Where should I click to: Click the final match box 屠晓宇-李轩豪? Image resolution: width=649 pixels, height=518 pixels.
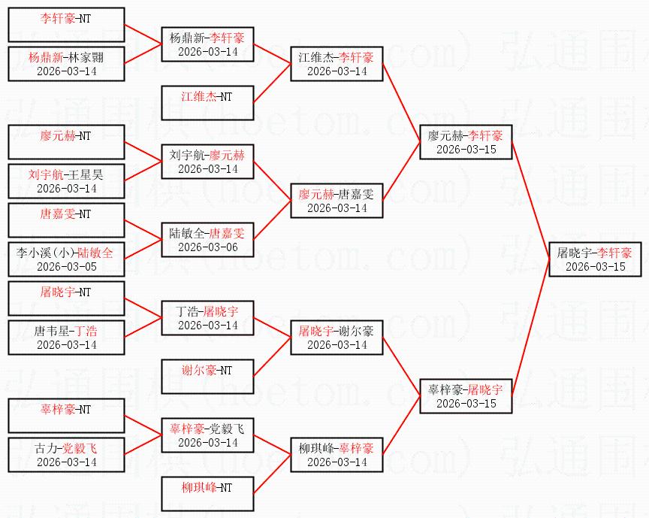[595, 259]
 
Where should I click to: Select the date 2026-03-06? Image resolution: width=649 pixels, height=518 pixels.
[207, 247]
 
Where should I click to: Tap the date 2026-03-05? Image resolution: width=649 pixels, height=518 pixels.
[66, 266]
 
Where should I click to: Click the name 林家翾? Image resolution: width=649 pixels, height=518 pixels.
[84, 57]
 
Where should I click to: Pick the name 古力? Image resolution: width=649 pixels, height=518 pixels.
[46, 448]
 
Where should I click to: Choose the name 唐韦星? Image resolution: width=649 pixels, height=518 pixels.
[51, 331]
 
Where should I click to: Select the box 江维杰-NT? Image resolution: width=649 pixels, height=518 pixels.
[207, 104]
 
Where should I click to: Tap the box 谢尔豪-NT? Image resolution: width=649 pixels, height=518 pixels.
[207, 377]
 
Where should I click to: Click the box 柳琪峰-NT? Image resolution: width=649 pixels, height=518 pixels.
[207, 495]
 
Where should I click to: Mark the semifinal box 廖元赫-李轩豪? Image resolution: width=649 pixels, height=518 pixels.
[466, 142]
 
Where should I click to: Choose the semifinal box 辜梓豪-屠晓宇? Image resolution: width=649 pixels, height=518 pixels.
[466, 396]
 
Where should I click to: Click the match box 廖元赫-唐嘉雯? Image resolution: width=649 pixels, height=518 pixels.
[337, 201]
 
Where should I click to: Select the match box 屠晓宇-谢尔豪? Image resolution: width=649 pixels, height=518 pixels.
[337, 338]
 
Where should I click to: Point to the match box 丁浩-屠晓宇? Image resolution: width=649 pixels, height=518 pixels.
[207, 318]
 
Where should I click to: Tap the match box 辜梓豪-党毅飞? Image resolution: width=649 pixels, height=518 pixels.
[207, 435]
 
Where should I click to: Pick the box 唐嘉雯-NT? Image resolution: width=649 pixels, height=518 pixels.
[66, 221]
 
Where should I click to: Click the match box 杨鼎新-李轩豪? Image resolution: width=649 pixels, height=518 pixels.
[207, 44]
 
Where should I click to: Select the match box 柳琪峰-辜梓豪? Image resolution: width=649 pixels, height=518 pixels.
[337, 455]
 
